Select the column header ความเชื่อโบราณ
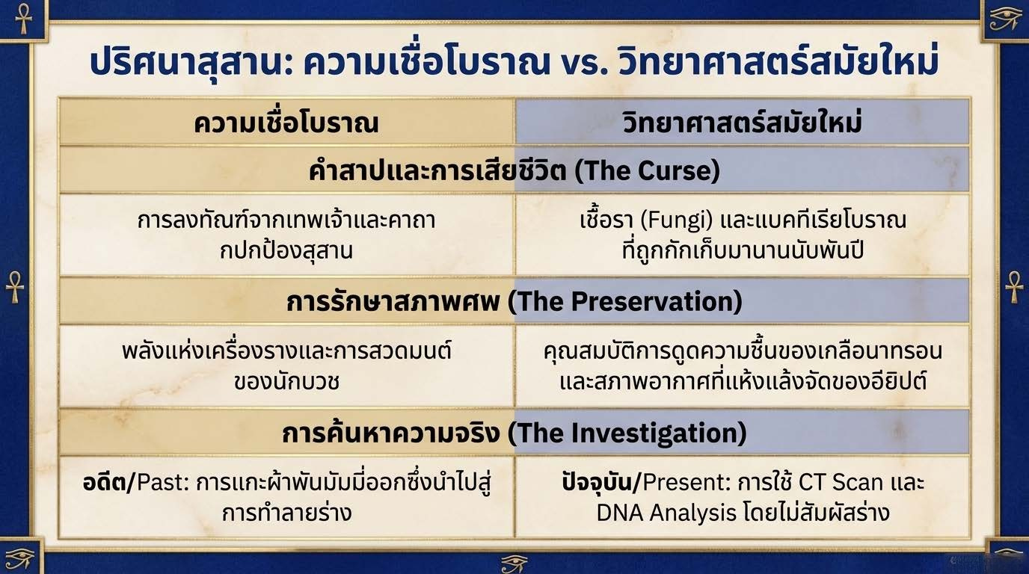(x=286, y=123)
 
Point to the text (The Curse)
(x=648, y=170)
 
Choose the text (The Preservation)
(x=625, y=302)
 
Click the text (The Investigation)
(x=627, y=433)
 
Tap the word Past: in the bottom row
(x=163, y=482)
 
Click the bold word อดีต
(x=104, y=482)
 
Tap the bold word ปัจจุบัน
(x=597, y=483)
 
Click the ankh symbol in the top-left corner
(x=23, y=19)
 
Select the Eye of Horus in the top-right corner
(x=1004, y=19)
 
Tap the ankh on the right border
(x=1014, y=287)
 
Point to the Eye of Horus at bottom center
(x=514, y=564)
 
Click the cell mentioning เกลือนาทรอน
(x=743, y=366)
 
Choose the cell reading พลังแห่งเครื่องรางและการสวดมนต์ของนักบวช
(x=286, y=366)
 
